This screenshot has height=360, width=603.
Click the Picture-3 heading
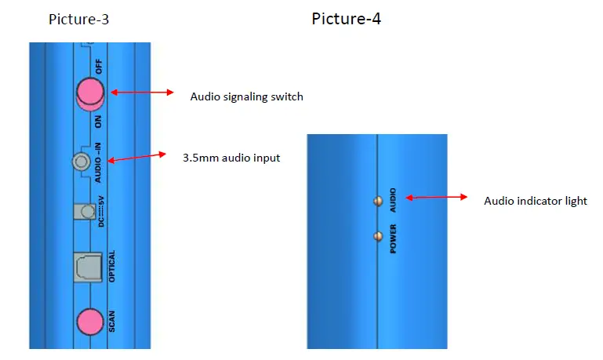click(x=78, y=19)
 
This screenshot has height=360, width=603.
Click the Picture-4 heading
click(x=346, y=18)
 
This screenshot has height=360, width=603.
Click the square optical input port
click(x=87, y=267)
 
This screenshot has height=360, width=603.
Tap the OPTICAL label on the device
click(x=111, y=266)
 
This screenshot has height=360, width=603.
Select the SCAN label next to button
click(x=111, y=322)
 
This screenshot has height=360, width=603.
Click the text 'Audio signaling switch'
click(x=246, y=97)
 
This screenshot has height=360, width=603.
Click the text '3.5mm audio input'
click(x=231, y=158)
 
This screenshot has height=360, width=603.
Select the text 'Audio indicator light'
click(x=535, y=201)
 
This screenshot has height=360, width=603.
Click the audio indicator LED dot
click(x=378, y=201)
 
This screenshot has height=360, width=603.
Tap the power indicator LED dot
click(x=378, y=235)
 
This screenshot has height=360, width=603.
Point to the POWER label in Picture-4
click(x=393, y=238)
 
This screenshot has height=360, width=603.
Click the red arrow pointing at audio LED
click(x=436, y=197)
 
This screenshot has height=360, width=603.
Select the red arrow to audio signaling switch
click(x=142, y=93)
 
